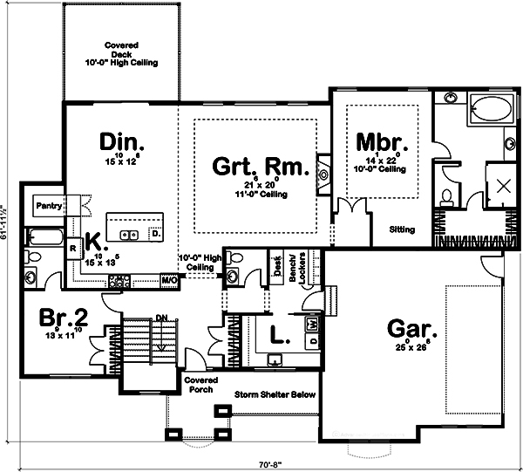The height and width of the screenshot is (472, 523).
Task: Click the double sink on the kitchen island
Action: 130,234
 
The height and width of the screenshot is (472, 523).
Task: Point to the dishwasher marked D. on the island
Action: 154,234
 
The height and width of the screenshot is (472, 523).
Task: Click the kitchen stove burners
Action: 119,280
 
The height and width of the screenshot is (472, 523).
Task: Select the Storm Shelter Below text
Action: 275,395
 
